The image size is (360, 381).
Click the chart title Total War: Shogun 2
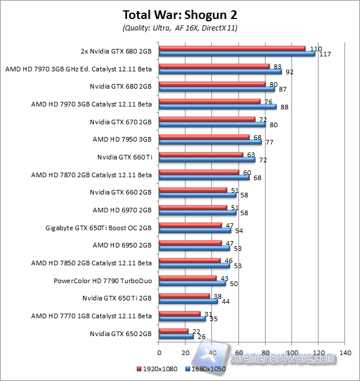click(180, 14)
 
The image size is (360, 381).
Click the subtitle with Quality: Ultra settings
click(180, 28)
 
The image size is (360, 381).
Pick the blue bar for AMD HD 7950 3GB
click(210, 142)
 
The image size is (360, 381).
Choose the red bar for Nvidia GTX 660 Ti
click(200, 154)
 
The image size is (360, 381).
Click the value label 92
click(289, 73)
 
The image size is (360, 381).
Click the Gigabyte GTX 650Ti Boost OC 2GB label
click(98, 228)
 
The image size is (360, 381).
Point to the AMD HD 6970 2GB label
click(122, 210)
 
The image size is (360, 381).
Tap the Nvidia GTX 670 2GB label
click(120, 122)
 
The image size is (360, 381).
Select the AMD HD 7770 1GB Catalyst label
click(92, 316)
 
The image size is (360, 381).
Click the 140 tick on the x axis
click(345, 352)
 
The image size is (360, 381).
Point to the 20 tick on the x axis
click(185, 352)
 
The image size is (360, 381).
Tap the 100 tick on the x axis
click(291, 352)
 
